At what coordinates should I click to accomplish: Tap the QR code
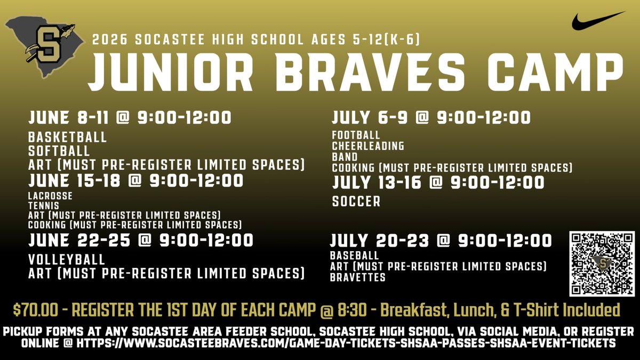(602, 263)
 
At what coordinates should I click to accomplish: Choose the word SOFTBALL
(59, 151)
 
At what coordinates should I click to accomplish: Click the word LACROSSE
(51, 196)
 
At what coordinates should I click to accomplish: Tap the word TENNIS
(43, 205)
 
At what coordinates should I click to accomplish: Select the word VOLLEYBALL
(67, 260)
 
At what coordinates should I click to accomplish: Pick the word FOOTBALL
(356, 135)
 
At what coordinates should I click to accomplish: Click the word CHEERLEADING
(368, 146)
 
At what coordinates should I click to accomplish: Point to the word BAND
(345, 157)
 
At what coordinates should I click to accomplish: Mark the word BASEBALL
(354, 256)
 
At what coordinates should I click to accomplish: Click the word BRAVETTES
(357, 277)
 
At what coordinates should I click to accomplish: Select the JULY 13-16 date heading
(438, 183)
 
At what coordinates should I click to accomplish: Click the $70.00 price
(35, 310)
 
